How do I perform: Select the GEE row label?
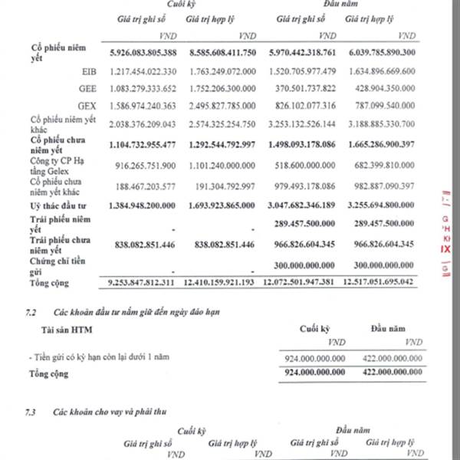[87, 89]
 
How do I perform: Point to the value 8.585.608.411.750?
[222, 53]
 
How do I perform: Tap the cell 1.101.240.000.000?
[222, 165]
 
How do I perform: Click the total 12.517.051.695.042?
[376, 283]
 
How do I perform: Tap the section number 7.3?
[30, 412]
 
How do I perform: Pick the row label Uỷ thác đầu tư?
[55, 207]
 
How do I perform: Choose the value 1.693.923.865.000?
[222, 207]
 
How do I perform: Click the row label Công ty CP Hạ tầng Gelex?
[55, 165]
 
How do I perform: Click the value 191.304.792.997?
[224, 186]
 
